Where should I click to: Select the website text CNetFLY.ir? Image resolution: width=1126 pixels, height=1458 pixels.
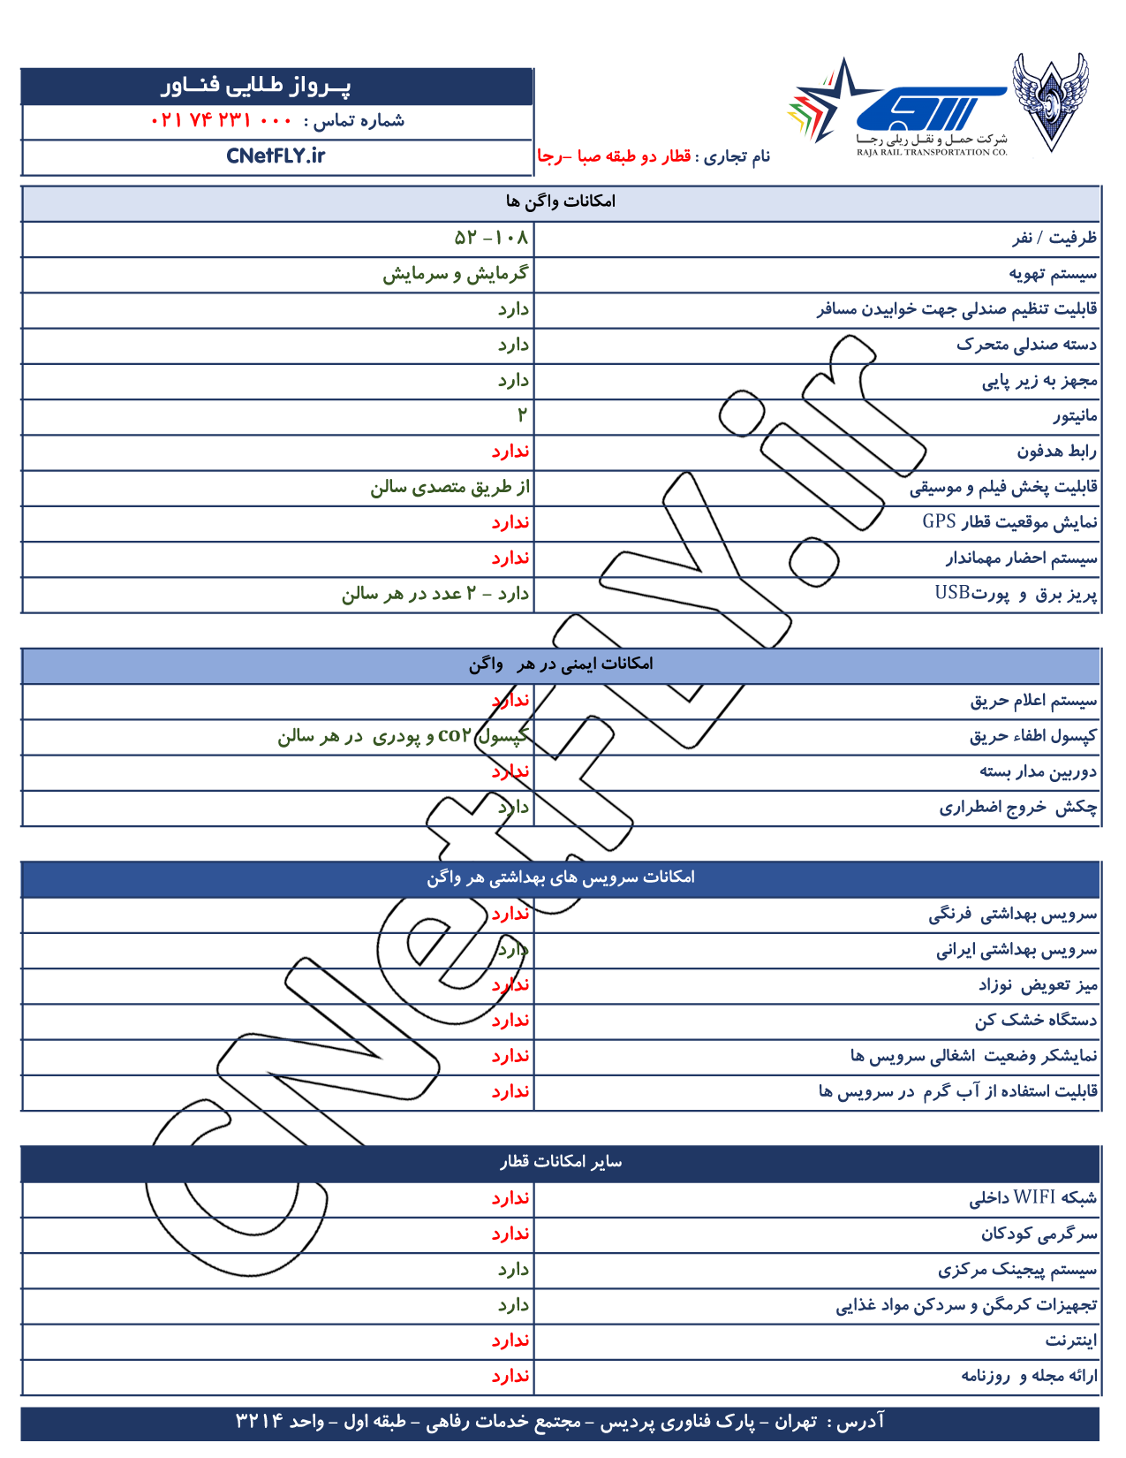point(276,156)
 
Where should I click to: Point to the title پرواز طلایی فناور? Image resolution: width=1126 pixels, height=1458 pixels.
point(256,86)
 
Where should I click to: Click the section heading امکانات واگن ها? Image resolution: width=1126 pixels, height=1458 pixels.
point(560,201)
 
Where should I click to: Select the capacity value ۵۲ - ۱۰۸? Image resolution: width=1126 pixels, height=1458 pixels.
point(491,238)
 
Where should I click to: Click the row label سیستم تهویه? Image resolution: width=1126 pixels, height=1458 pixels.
point(1053,274)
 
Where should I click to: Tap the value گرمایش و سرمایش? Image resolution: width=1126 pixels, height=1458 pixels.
point(456,274)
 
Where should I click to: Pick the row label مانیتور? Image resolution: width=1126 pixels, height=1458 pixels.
point(1075,415)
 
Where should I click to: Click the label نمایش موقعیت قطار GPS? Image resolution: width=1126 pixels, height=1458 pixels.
point(1009,522)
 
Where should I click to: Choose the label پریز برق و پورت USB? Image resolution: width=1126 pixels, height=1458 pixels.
point(1016,594)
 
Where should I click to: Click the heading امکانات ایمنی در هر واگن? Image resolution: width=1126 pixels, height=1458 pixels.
point(560,664)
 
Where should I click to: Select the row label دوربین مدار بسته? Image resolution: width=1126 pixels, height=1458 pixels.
point(1038,771)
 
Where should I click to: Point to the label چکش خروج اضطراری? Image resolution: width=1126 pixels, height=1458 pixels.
point(1017,807)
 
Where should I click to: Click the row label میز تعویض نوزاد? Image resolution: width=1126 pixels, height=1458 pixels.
point(1037,984)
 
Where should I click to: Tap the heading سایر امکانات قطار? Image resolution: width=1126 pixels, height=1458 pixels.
point(560,1162)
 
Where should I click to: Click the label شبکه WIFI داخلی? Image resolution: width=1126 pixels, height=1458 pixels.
point(1032,1198)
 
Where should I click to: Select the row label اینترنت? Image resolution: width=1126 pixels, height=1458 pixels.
point(1071,1340)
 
